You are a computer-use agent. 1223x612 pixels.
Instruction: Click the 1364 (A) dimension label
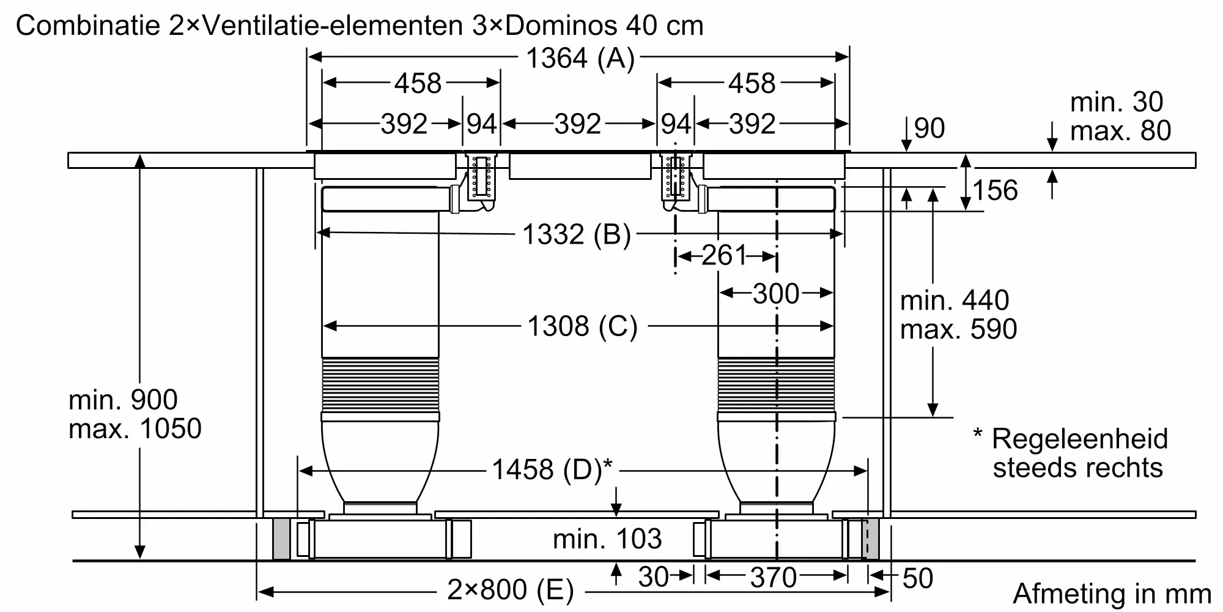[580, 59]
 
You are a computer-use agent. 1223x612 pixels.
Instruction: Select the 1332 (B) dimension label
[577, 234]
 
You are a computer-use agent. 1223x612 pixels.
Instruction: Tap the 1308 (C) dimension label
[582, 326]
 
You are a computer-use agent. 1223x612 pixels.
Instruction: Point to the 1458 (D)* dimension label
[552, 469]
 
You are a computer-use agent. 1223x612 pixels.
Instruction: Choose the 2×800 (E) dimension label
[511, 590]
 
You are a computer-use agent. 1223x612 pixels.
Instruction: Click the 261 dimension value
[725, 255]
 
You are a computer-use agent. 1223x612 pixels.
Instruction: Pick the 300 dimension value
[776, 294]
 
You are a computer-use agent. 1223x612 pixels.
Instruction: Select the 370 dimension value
[774, 578]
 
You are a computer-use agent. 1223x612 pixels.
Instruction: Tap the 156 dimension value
[996, 190]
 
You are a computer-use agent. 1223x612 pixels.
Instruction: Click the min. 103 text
[607, 539]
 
